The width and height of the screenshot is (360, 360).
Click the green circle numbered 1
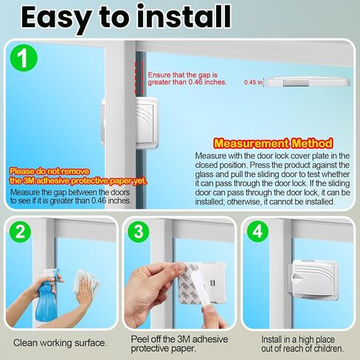click(x=24, y=58)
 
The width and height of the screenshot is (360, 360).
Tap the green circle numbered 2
click(x=20, y=232)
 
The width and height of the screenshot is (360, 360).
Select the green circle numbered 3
click(x=139, y=232)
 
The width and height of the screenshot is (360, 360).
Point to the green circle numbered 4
click(x=257, y=232)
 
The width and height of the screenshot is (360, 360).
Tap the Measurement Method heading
click(x=273, y=143)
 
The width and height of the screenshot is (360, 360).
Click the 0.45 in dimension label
click(x=253, y=82)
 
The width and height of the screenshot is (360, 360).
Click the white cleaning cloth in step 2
click(x=86, y=282)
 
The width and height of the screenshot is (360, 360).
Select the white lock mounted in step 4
click(x=313, y=280)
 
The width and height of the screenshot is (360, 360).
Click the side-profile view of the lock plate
click(x=308, y=82)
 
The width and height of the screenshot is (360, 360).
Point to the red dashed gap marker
click(x=139, y=77)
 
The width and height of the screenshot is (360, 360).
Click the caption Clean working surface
click(x=60, y=343)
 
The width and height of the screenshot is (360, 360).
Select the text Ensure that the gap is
click(x=183, y=75)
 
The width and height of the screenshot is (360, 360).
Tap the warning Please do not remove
click(x=49, y=171)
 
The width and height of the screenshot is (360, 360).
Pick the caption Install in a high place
click(x=298, y=339)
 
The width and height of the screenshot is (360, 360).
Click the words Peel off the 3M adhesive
click(x=179, y=339)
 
